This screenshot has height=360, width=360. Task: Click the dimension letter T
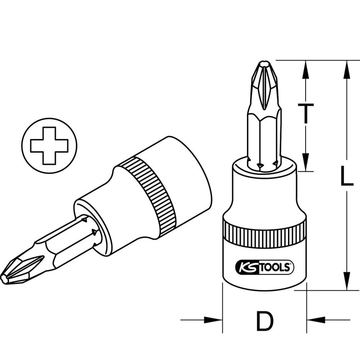click(x=306, y=113)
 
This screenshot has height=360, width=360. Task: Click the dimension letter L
click(x=346, y=175)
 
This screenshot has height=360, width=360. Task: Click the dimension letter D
click(x=265, y=321)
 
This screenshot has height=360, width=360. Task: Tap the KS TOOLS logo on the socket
click(x=265, y=267)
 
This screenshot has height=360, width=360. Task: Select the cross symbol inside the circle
click(x=49, y=145)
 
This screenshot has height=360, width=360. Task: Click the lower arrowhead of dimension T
click(x=306, y=162)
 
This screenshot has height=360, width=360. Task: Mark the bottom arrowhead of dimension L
click(x=346, y=281)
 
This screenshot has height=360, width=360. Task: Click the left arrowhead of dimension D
click(x=213, y=320)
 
